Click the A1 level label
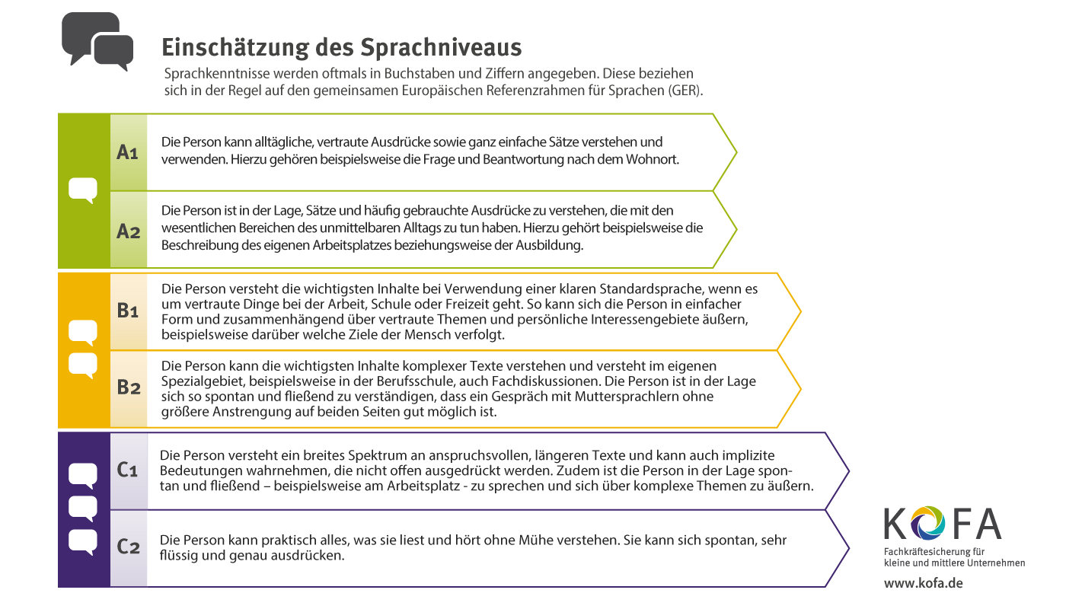click(127, 152)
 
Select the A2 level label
click(128, 231)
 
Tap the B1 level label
click(127, 311)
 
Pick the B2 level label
click(128, 387)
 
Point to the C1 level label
click(127, 470)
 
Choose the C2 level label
click(128, 547)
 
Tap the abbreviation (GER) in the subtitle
click(687, 90)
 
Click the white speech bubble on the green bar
click(83, 190)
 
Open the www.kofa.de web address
click(923, 583)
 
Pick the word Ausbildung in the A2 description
click(548, 245)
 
